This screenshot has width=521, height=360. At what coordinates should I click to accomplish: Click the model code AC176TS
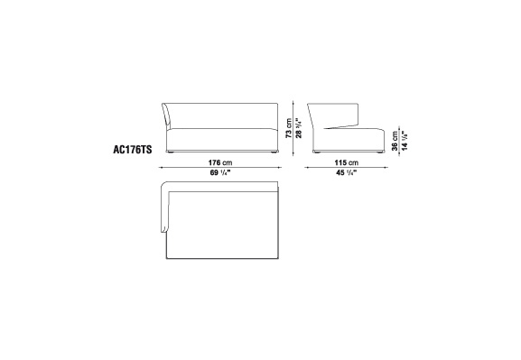pos(132,150)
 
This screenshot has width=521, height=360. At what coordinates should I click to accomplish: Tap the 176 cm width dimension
pos(220,162)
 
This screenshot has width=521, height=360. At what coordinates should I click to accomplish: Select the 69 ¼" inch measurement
pos(220,172)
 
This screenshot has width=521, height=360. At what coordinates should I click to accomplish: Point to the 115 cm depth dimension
pos(347,162)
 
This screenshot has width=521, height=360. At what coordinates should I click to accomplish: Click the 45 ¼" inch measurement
pos(347,172)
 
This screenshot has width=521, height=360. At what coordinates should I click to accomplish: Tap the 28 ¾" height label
pos(299,128)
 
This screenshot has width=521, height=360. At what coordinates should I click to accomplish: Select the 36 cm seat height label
pos(395,141)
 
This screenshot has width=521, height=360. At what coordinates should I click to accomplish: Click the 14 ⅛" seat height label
pos(405,141)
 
